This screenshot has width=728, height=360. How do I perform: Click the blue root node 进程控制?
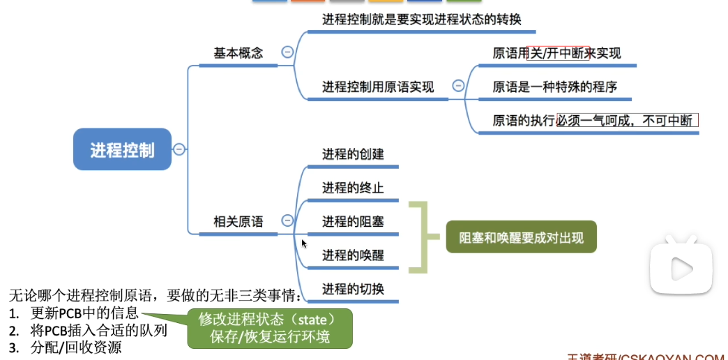click(122, 149)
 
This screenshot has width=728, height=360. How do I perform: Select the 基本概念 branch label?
click(238, 53)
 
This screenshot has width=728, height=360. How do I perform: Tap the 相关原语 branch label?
click(238, 221)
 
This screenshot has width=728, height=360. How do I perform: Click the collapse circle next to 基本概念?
click(287, 52)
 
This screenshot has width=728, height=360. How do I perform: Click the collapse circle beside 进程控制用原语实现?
click(458, 86)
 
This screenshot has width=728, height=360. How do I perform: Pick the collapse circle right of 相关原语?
click(287, 220)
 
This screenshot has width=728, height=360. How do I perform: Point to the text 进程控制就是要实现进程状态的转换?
click(421, 19)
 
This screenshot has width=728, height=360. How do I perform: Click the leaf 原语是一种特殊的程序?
click(554, 87)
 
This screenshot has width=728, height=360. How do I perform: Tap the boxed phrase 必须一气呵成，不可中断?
click(627, 120)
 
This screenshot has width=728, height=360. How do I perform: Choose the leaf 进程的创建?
click(353, 153)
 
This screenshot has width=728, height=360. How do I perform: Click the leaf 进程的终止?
click(353, 188)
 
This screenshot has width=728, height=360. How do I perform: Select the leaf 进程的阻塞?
click(353, 222)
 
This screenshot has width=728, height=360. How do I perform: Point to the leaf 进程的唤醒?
click(353, 255)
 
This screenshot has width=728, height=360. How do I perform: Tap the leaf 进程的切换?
click(353, 289)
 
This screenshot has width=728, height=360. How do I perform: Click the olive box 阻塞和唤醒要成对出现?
click(521, 238)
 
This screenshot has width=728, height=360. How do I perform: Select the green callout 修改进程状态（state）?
click(269, 320)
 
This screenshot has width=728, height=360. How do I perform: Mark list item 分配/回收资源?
click(76, 347)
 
